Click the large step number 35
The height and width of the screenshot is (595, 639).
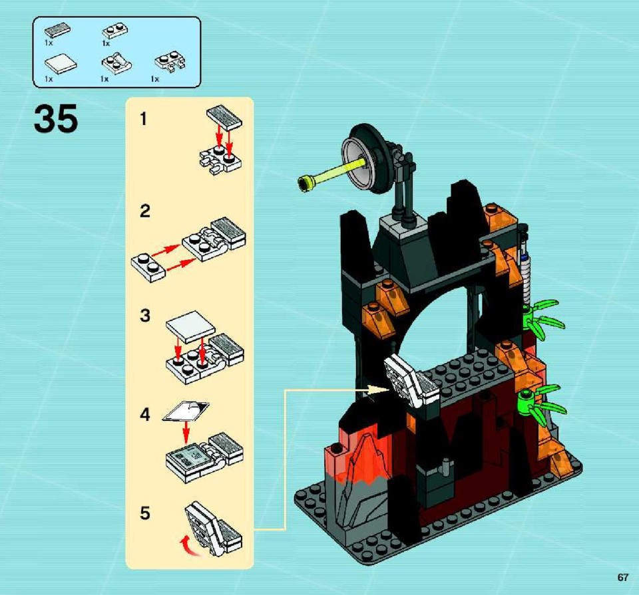point(56,118)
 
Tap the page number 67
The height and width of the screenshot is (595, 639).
point(622,577)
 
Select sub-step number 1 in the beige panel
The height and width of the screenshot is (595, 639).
point(144,119)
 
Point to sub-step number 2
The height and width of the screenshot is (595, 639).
point(144,211)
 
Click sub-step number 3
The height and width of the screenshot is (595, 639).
point(144,315)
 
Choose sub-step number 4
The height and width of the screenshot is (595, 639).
point(144,415)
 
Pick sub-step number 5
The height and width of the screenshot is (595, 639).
point(144,513)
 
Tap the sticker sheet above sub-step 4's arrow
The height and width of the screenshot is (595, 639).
point(186,411)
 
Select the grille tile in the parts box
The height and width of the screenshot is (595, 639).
point(57,30)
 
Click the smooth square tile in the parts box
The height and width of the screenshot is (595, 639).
point(61,64)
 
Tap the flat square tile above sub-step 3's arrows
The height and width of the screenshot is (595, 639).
point(190,327)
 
